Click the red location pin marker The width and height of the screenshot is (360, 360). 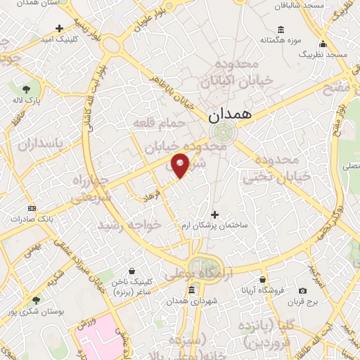coord(180,165)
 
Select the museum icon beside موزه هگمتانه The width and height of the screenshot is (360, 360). coord(281,29)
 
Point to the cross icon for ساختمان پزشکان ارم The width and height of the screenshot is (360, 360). coord(214,214)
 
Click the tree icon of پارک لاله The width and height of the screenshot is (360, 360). coord(26,89)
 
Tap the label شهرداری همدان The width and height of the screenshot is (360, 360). coord(188,301)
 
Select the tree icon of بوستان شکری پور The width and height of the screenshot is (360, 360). coord(37,300)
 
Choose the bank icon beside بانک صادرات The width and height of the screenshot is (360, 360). coord(32,208)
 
